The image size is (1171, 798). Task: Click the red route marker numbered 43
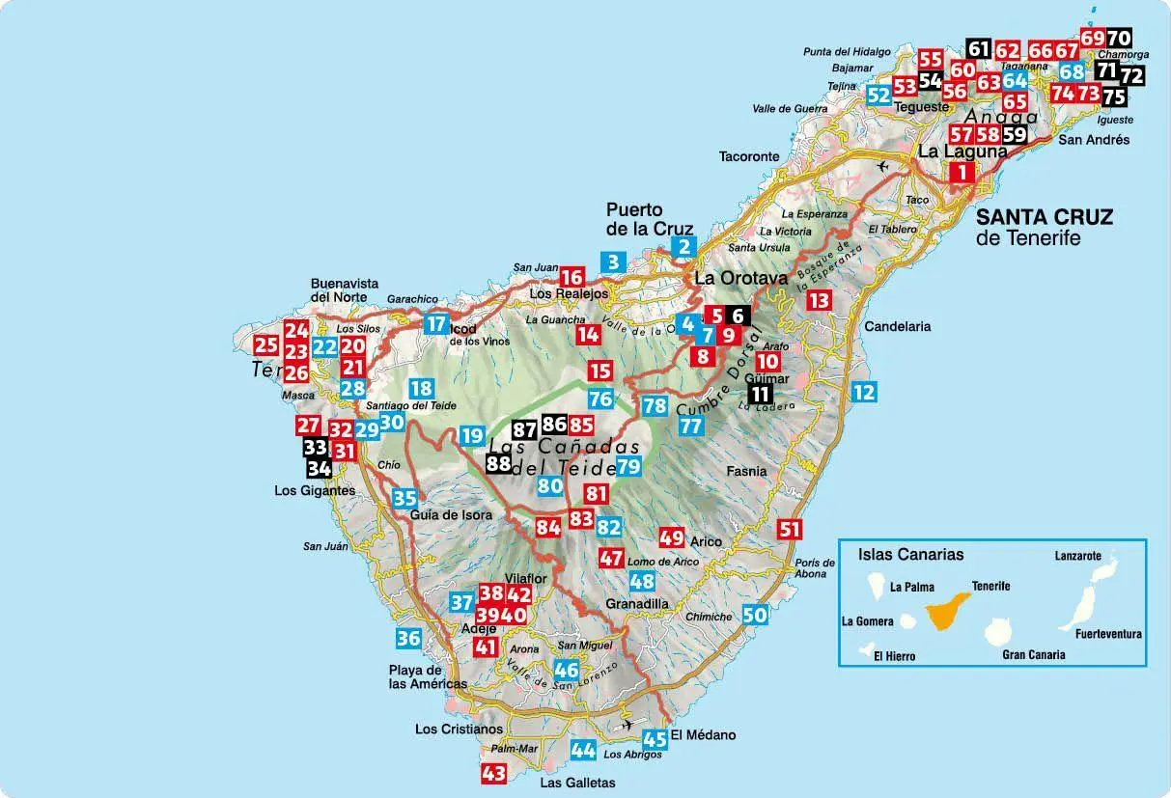pyautogui.click(x=493, y=773)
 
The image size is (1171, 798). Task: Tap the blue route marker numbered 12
pyautogui.click(x=863, y=392)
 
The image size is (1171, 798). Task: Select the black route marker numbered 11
pyautogui.click(x=761, y=393)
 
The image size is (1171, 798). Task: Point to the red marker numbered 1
pyautogui.click(x=962, y=173)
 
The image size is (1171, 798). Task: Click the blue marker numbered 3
pyautogui.click(x=612, y=261)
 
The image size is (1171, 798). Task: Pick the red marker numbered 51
pyautogui.click(x=790, y=528)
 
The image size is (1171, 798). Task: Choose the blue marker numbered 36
pyautogui.click(x=408, y=638)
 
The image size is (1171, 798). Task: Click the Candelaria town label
pyautogui.click(x=897, y=326)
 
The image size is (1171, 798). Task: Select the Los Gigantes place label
pyautogui.click(x=315, y=490)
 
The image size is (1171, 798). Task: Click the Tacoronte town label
pyautogui.click(x=748, y=156)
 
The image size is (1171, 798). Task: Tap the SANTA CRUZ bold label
pyautogui.click(x=1044, y=217)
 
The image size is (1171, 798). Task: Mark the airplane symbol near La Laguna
pyautogui.click(x=881, y=166)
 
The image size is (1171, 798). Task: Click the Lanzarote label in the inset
pyautogui.click(x=1077, y=557)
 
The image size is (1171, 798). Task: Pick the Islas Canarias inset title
pyautogui.click(x=910, y=555)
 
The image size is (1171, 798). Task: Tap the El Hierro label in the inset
pyautogui.click(x=894, y=656)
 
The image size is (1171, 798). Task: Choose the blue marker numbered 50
pyautogui.click(x=755, y=615)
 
